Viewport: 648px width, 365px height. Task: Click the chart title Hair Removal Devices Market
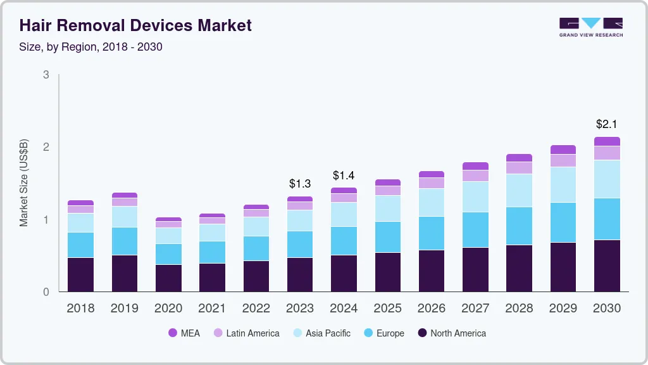135,25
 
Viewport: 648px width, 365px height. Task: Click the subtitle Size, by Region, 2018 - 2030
91,47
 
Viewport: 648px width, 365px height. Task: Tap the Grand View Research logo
590,27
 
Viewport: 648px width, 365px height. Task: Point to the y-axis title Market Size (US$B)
24,182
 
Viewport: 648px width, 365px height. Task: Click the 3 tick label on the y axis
46,75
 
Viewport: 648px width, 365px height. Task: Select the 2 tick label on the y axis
46,147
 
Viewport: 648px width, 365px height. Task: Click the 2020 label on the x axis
168,308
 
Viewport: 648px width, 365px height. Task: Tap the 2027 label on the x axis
475,308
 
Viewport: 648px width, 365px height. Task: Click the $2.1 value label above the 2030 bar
607,124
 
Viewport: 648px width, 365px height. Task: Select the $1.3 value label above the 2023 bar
300,183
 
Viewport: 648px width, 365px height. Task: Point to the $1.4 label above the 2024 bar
344,175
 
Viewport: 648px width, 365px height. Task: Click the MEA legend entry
184,333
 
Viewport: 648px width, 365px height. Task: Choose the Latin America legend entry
246,333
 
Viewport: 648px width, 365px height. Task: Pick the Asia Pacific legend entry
321,333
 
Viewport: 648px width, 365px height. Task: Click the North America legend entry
451,333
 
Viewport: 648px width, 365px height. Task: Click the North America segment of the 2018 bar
80,274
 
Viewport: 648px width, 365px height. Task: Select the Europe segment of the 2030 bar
607,219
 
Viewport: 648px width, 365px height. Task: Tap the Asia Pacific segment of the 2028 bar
519,190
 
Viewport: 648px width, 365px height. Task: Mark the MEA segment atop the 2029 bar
563,150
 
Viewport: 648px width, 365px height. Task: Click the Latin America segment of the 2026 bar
432,182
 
